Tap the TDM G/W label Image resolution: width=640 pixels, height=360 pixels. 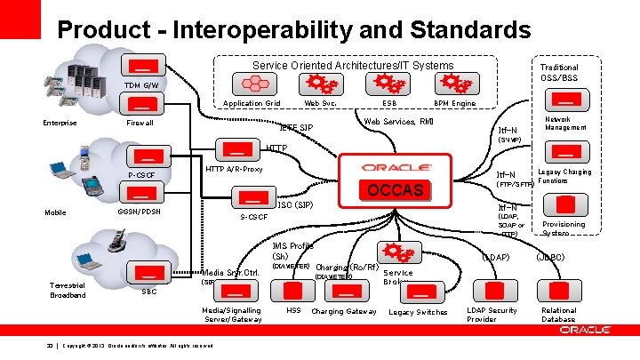pyautogui.click(x=140, y=85)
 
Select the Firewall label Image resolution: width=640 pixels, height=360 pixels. pyautogui.click(x=140, y=123)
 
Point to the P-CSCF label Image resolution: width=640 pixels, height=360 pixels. pyautogui.click(x=141, y=175)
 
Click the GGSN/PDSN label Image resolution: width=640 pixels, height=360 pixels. pyautogui.click(x=140, y=212)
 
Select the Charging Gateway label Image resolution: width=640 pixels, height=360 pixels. pyautogui.click(x=344, y=311)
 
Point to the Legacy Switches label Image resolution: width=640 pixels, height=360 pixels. pyautogui.click(x=418, y=312)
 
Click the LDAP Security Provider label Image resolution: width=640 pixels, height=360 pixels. pyautogui.click(x=492, y=315)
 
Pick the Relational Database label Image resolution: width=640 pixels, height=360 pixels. pyautogui.click(x=559, y=315)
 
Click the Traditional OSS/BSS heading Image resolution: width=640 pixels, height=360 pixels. pyautogui.click(x=559, y=72)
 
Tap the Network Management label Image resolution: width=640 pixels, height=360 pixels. pyautogui.click(x=565, y=124)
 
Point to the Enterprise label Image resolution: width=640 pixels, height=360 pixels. pyautogui.click(x=60, y=123)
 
